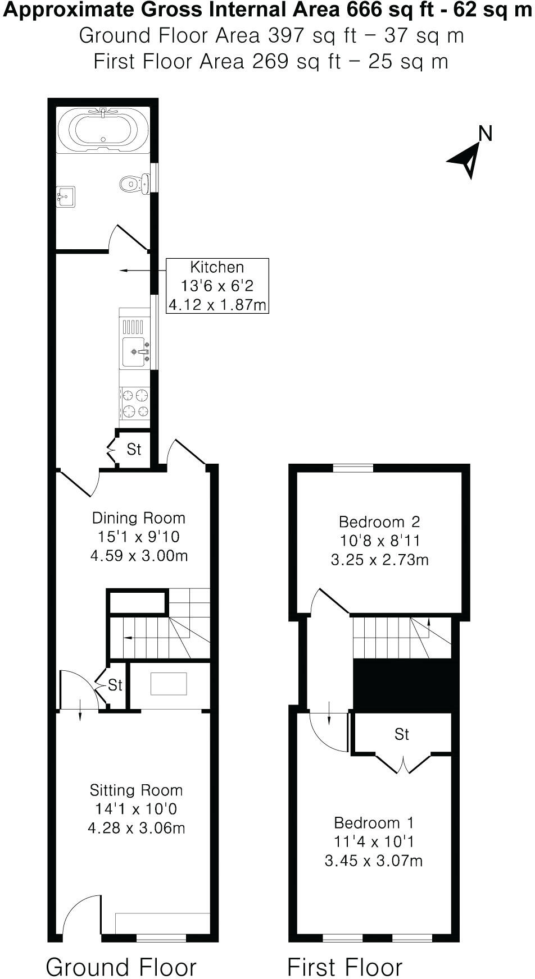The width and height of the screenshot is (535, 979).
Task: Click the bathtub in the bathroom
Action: (103, 130)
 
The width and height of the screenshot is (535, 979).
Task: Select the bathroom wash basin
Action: (65, 197)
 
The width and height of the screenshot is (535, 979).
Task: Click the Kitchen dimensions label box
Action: (217, 286)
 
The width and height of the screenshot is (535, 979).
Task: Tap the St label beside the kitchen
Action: (134, 450)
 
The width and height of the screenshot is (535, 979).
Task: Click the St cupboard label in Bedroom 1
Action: (401, 734)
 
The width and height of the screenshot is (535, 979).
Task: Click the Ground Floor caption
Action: (121, 951)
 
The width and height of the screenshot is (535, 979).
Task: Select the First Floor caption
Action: (344, 951)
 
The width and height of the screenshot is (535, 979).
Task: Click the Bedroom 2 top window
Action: (353, 468)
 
